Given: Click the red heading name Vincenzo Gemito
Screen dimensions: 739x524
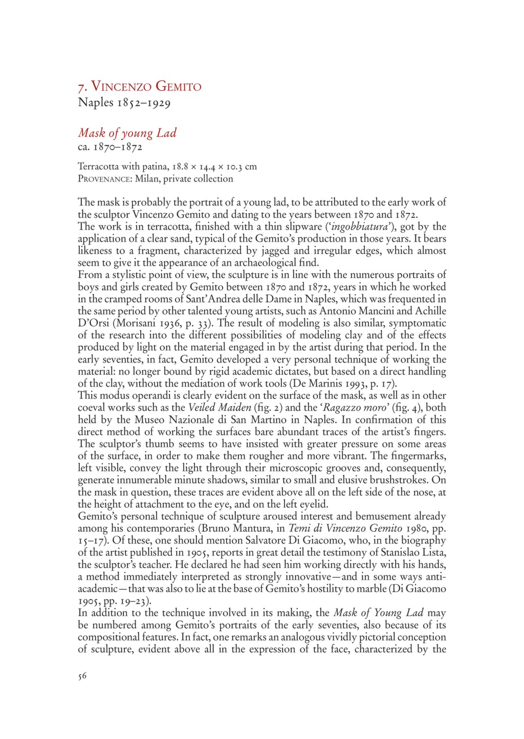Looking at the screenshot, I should coord(145,86).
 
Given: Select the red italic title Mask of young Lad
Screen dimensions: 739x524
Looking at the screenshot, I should coord(127,133).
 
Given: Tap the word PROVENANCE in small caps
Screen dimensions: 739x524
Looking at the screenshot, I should coord(104,179).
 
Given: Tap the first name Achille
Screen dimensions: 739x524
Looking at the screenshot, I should coord(429,311).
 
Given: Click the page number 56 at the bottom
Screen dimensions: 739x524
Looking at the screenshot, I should coord(82,676).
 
